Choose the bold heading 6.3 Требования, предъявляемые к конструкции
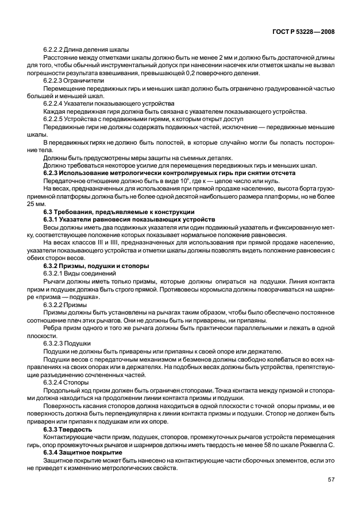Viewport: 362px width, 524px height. [x=119, y=212]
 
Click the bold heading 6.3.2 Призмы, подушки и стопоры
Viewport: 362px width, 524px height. [x=97, y=266]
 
